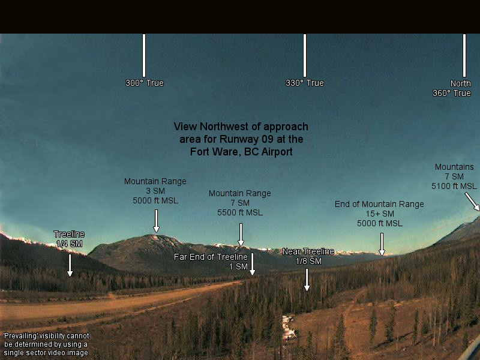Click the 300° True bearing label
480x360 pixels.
coord(145,83)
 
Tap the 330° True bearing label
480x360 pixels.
coord(305,83)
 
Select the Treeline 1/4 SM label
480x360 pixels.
coord(69,239)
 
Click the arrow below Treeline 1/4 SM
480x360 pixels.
coord(70,265)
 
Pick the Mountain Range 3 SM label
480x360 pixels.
coord(155,191)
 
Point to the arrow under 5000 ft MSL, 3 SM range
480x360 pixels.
coord(156,220)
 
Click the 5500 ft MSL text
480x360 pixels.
coord(240,212)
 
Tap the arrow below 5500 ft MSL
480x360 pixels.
coord(241,235)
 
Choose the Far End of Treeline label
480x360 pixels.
coord(211,257)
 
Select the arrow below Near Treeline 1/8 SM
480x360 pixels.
coord(307,280)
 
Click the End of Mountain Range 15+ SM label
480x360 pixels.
coord(379,214)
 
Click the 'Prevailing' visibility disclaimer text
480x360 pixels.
coord(46,344)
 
